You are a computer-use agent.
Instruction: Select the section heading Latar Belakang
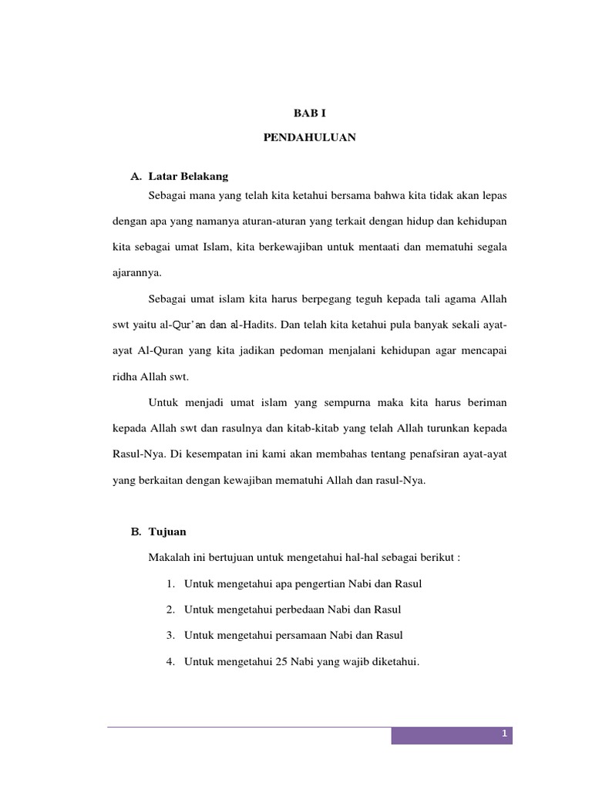point(187,177)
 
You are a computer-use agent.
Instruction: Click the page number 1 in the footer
point(503,735)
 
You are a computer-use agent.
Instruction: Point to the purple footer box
point(452,736)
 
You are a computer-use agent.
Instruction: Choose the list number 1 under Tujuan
point(169,584)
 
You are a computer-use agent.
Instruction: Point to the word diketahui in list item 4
point(392,661)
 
